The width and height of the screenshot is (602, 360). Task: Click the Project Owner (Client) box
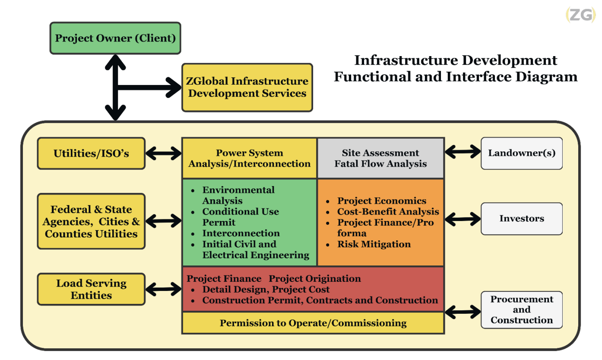click(x=115, y=38)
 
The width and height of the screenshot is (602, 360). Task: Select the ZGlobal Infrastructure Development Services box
click(x=247, y=88)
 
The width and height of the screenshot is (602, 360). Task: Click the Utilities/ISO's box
click(x=91, y=153)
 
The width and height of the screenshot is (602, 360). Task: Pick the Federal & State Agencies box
click(x=91, y=221)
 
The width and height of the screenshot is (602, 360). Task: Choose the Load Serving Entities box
click(x=91, y=289)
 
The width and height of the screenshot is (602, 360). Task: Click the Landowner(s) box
click(x=522, y=153)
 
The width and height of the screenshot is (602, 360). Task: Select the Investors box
click(x=522, y=219)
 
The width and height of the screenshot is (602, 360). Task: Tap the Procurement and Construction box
click(x=522, y=310)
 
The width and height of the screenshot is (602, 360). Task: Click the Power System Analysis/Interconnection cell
click(x=250, y=158)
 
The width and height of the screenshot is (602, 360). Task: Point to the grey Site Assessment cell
click(x=380, y=158)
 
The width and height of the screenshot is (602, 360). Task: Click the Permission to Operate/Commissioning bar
click(x=313, y=323)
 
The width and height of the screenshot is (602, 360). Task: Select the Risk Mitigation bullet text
click(x=374, y=244)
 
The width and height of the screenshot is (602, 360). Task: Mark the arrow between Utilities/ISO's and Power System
click(x=164, y=153)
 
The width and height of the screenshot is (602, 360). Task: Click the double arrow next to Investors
click(x=463, y=219)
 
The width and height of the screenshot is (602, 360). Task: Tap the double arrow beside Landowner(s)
click(x=463, y=152)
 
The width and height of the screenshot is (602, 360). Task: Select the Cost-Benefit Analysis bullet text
click(x=388, y=212)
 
